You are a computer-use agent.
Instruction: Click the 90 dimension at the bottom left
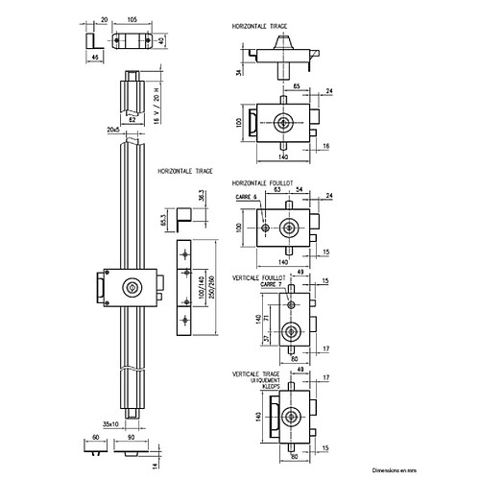click(x=130, y=437)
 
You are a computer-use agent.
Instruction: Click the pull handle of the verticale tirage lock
click(x=274, y=416)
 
